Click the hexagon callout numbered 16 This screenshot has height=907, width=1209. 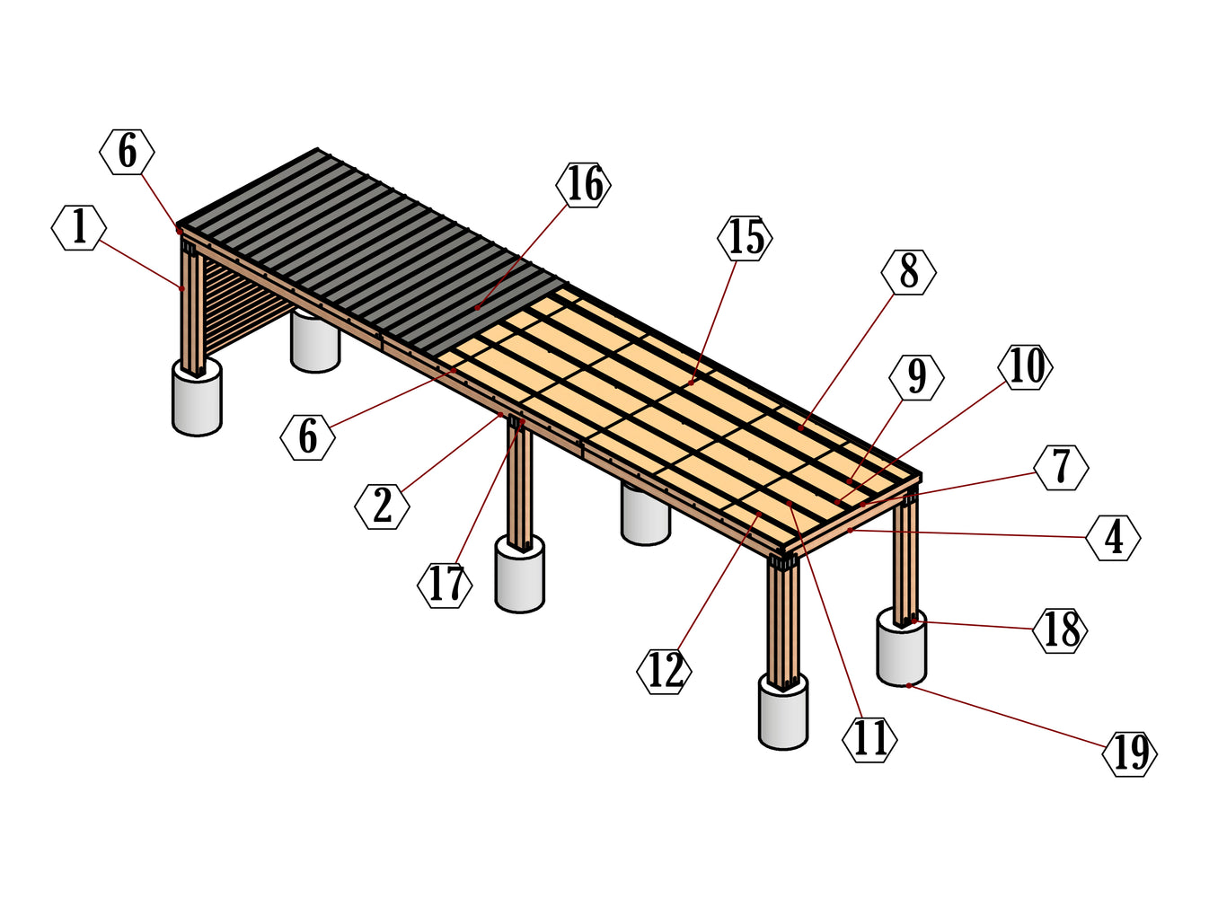584,185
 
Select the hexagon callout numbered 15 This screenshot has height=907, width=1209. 746,238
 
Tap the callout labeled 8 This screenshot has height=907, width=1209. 909,272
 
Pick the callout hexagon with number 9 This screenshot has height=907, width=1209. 916,377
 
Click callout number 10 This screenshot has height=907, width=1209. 1026,366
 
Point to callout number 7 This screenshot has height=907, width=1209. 1061,467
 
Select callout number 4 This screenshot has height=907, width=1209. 1113,538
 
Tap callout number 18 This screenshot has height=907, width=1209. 1061,630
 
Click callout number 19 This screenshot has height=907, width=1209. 1130,753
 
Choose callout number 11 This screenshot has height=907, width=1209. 869,740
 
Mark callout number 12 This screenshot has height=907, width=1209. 665,671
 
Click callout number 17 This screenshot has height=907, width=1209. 446,586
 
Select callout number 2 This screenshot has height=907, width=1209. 383,506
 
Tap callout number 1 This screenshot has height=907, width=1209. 79,227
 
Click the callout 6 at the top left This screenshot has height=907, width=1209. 127,152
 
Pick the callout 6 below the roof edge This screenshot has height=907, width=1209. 307,437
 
